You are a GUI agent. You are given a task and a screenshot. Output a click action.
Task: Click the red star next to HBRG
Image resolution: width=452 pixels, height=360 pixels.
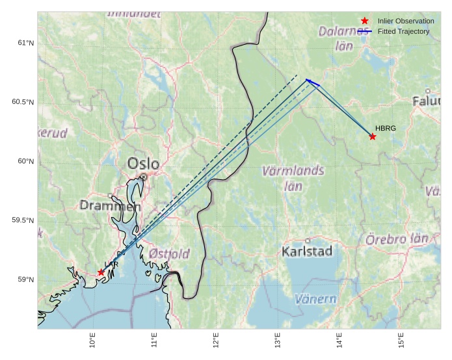click(x=372, y=136)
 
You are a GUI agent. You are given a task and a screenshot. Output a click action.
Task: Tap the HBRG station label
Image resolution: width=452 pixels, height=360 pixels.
click(x=385, y=128)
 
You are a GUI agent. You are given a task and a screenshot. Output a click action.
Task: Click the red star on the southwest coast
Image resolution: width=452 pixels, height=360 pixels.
click(x=101, y=272)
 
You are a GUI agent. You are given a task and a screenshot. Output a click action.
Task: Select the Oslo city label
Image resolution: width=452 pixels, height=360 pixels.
click(x=143, y=164)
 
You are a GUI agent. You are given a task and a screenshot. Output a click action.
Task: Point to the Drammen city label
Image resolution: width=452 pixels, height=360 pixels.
click(x=110, y=206)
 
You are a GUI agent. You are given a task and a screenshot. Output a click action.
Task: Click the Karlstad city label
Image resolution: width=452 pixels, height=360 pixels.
click(x=308, y=251)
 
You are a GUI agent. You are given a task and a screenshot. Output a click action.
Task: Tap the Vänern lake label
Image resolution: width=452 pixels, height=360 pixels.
click(x=315, y=300)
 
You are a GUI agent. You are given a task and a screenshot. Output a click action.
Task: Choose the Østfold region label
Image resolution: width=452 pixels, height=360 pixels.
click(x=169, y=253)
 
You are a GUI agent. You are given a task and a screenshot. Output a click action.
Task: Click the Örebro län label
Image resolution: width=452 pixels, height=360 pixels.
click(x=396, y=238)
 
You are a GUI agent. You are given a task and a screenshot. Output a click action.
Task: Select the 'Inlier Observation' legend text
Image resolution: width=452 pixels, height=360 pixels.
click(x=405, y=21)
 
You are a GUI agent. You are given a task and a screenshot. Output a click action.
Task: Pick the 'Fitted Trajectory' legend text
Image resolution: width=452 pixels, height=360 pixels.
click(x=403, y=31)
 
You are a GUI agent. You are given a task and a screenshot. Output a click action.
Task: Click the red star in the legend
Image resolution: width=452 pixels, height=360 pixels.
click(x=364, y=21)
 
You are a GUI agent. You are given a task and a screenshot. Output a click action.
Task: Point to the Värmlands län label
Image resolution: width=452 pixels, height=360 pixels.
click(x=293, y=178)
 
